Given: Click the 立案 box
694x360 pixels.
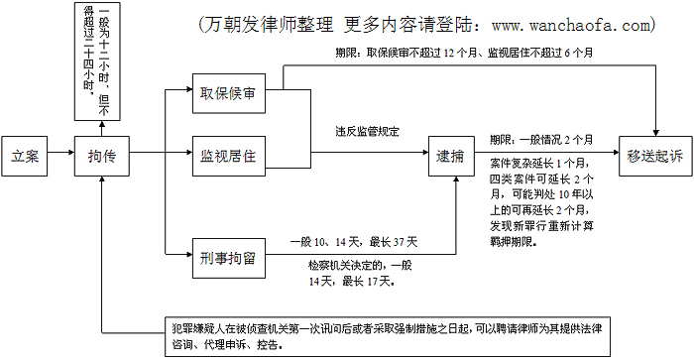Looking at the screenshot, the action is pos(25,156).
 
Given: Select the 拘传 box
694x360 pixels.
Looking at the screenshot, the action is pos(102,156).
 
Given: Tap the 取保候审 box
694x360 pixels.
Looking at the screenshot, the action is pos(229,93).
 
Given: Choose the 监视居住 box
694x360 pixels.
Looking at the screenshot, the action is pos(229,156).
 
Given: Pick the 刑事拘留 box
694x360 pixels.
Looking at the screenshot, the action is pos(229,258).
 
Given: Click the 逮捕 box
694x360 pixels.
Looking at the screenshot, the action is pos(451,156).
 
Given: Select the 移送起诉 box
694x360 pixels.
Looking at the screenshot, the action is pos(655,156).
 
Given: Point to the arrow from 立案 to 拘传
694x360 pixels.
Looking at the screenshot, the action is pos(60,153).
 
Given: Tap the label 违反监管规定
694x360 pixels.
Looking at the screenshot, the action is pos(368,132).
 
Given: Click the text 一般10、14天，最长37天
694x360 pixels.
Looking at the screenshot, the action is pos(354,242).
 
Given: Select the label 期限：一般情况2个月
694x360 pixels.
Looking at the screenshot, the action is pos(541,140).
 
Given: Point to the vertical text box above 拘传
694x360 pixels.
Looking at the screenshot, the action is pos(97,61).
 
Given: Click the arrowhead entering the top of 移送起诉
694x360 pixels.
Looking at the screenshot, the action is pos(656,133).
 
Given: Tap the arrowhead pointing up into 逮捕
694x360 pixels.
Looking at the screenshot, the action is pos(456,180).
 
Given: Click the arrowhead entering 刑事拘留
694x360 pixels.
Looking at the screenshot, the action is pos(188,255).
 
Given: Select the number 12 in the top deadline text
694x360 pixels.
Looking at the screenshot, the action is pos(449,54).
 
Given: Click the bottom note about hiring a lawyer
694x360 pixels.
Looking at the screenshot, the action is pos(388,336).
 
